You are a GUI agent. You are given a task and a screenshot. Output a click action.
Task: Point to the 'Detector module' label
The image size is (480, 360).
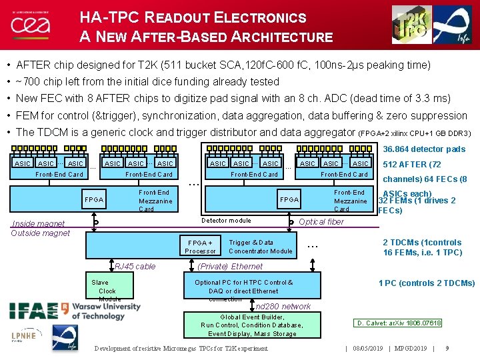click(226, 220)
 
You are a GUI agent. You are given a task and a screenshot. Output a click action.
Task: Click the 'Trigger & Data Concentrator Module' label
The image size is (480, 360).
click(260, 247)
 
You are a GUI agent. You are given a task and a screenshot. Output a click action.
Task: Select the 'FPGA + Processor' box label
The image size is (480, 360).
click(201, 247)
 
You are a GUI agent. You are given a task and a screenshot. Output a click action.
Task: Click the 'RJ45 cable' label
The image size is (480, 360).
click(135, 267)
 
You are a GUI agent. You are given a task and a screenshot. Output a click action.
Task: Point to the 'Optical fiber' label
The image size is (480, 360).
click(321, 222)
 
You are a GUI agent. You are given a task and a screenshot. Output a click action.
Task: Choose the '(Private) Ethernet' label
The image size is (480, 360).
click(230, 267)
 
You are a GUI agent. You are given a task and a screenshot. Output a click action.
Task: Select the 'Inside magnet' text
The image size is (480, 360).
click(38, 224)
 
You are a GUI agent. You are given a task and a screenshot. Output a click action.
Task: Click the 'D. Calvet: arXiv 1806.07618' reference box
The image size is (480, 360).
click(399, 323)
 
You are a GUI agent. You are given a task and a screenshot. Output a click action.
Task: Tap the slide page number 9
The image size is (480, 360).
click(446, 347)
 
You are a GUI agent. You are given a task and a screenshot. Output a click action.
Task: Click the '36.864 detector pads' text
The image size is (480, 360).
click(424, 149)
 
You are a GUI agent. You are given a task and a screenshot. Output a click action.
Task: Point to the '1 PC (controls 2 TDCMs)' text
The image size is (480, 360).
click(427, 283)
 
